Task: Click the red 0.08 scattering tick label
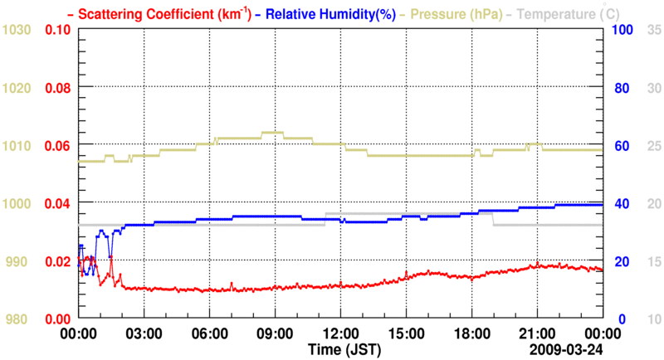[x=56, y=88]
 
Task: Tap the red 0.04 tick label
[x=56, y=203]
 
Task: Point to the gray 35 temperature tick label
[x=653, y=30]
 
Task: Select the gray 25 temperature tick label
[x=653, y=146]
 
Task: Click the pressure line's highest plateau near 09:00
[x=273, y=132]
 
